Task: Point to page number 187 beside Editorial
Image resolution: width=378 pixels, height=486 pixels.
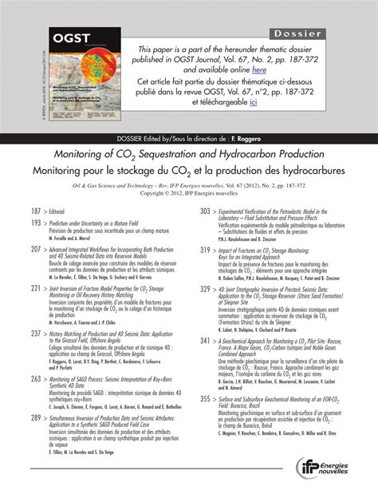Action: coord(36,211)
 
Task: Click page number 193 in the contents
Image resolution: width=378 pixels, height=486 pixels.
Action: coord(36,224)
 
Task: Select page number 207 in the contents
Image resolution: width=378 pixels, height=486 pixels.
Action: coord(36,250)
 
